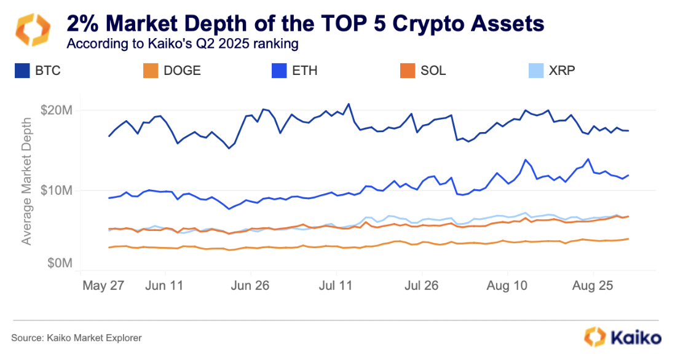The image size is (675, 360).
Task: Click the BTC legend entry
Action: pyautogui.click(x=37, y=71)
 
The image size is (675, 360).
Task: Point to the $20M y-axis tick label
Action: pyautogui.click(x=58, y=111)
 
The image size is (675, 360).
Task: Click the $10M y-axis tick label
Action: pyautogui.click(x=58, y=190)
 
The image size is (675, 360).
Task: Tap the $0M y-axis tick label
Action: pyautogui.click(x=61, y=264)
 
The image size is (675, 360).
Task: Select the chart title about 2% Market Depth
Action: pyautogui.click(x=305, y=24)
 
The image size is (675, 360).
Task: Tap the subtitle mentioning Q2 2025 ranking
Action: pyautogui.click(x=183, y=44)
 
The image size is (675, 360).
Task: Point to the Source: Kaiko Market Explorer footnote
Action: pyautogui.click(x=76, y=337)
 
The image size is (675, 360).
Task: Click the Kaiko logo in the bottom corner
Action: pyautogui.click(x=622, y=337)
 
